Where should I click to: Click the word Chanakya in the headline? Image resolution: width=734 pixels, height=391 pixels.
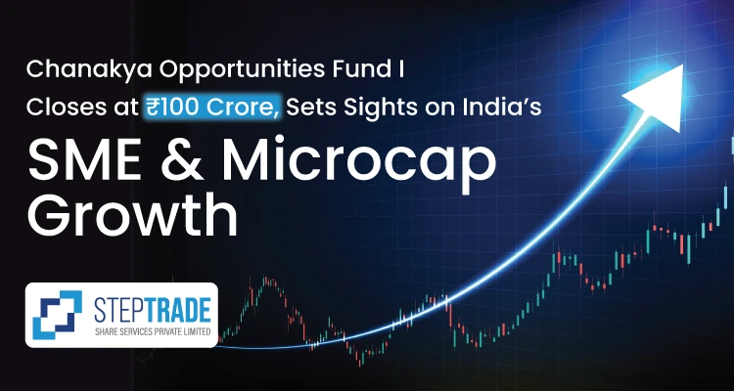(x=82, y=71)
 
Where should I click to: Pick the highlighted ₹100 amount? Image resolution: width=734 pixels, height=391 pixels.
(x=172, y=109)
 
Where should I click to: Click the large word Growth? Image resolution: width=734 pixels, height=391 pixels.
(x=132, y=213)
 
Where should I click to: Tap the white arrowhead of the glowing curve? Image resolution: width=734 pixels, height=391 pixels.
(x=657, y=96)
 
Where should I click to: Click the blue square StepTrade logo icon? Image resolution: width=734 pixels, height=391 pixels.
(x=57, y=315)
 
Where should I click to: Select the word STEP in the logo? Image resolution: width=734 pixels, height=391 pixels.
(x=117, y=311)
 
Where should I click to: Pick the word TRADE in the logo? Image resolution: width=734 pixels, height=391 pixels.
(x=176, y=311)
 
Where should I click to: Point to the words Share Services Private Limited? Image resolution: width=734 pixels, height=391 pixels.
(x=152, y=331)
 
